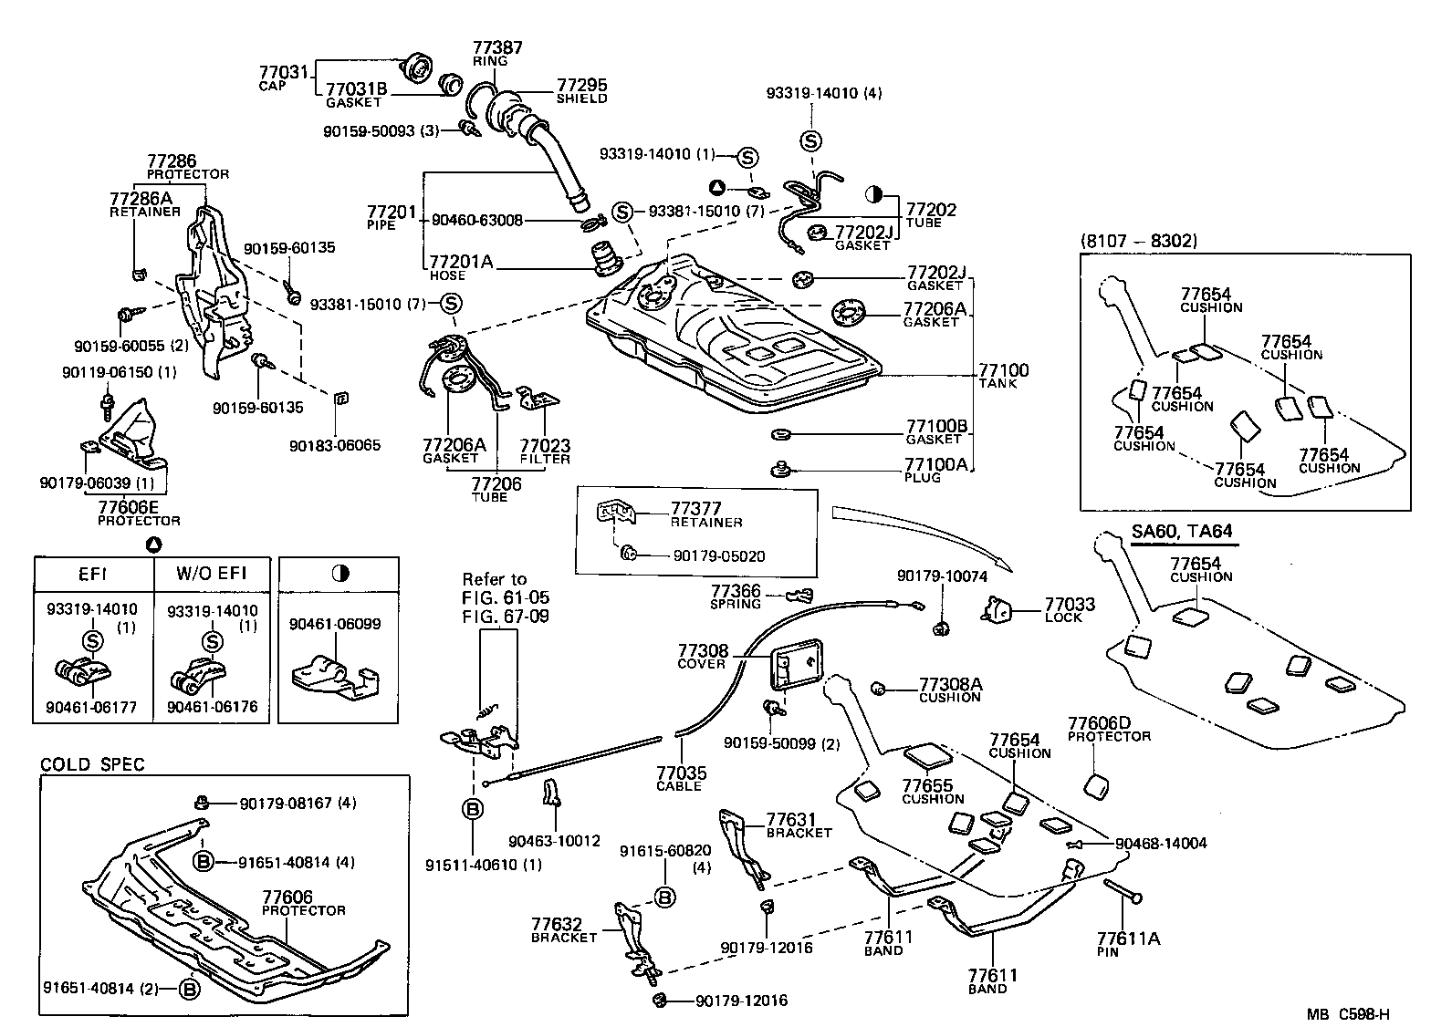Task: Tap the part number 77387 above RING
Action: click(x=497, y=47)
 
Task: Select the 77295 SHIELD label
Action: click(x=581, y=86)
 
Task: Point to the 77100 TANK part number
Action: click(x=1003, y=370)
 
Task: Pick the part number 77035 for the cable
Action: click(x=681, y=773)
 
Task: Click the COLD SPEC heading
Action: click(x=92, y=764)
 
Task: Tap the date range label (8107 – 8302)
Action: click(x=1138, y=241)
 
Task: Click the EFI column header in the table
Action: click(x=92, y=575)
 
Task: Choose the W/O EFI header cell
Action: click(x=211, y=575)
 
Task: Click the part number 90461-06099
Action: click(x=335, y=624)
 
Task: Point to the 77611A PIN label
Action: click(x=1128, y=938)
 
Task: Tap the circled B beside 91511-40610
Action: click(x=473, y=808)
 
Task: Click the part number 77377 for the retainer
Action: click(x=695, y=509)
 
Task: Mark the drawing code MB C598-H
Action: click(x=1347, y=1013)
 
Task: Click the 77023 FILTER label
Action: click(x=545, y=446)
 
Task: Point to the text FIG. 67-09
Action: click(x=506, y=617)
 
